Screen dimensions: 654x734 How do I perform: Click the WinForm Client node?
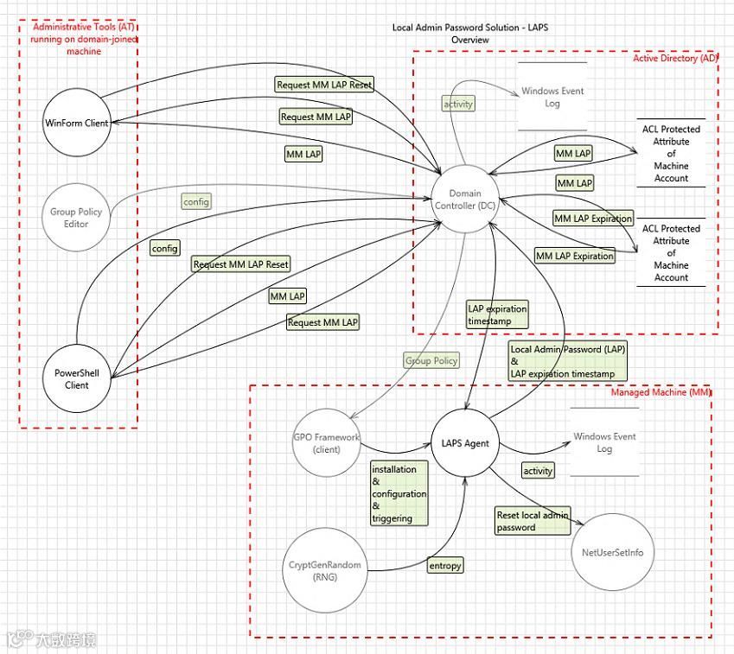point(77,123)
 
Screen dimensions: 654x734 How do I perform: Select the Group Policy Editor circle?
point(76,218)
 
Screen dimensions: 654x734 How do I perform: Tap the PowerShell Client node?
point(77,379)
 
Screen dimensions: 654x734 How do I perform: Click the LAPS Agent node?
point(465,443)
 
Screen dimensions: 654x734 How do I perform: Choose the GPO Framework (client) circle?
point(326,443)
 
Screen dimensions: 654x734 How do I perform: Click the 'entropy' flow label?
point(445,566)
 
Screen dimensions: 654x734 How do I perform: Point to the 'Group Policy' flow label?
point(431,360)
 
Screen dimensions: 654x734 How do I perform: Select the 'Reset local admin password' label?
point(532,521)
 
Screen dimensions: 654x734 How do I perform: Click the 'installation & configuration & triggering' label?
point(399,493)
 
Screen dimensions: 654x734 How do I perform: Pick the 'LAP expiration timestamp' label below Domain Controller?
point(496,314)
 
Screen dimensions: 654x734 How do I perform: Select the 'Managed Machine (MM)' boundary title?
point(661,392)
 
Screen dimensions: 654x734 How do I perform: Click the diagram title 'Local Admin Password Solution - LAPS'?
point(469,28)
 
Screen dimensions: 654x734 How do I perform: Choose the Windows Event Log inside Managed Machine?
point(604,442)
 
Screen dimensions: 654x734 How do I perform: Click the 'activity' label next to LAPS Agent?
point(538,471)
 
